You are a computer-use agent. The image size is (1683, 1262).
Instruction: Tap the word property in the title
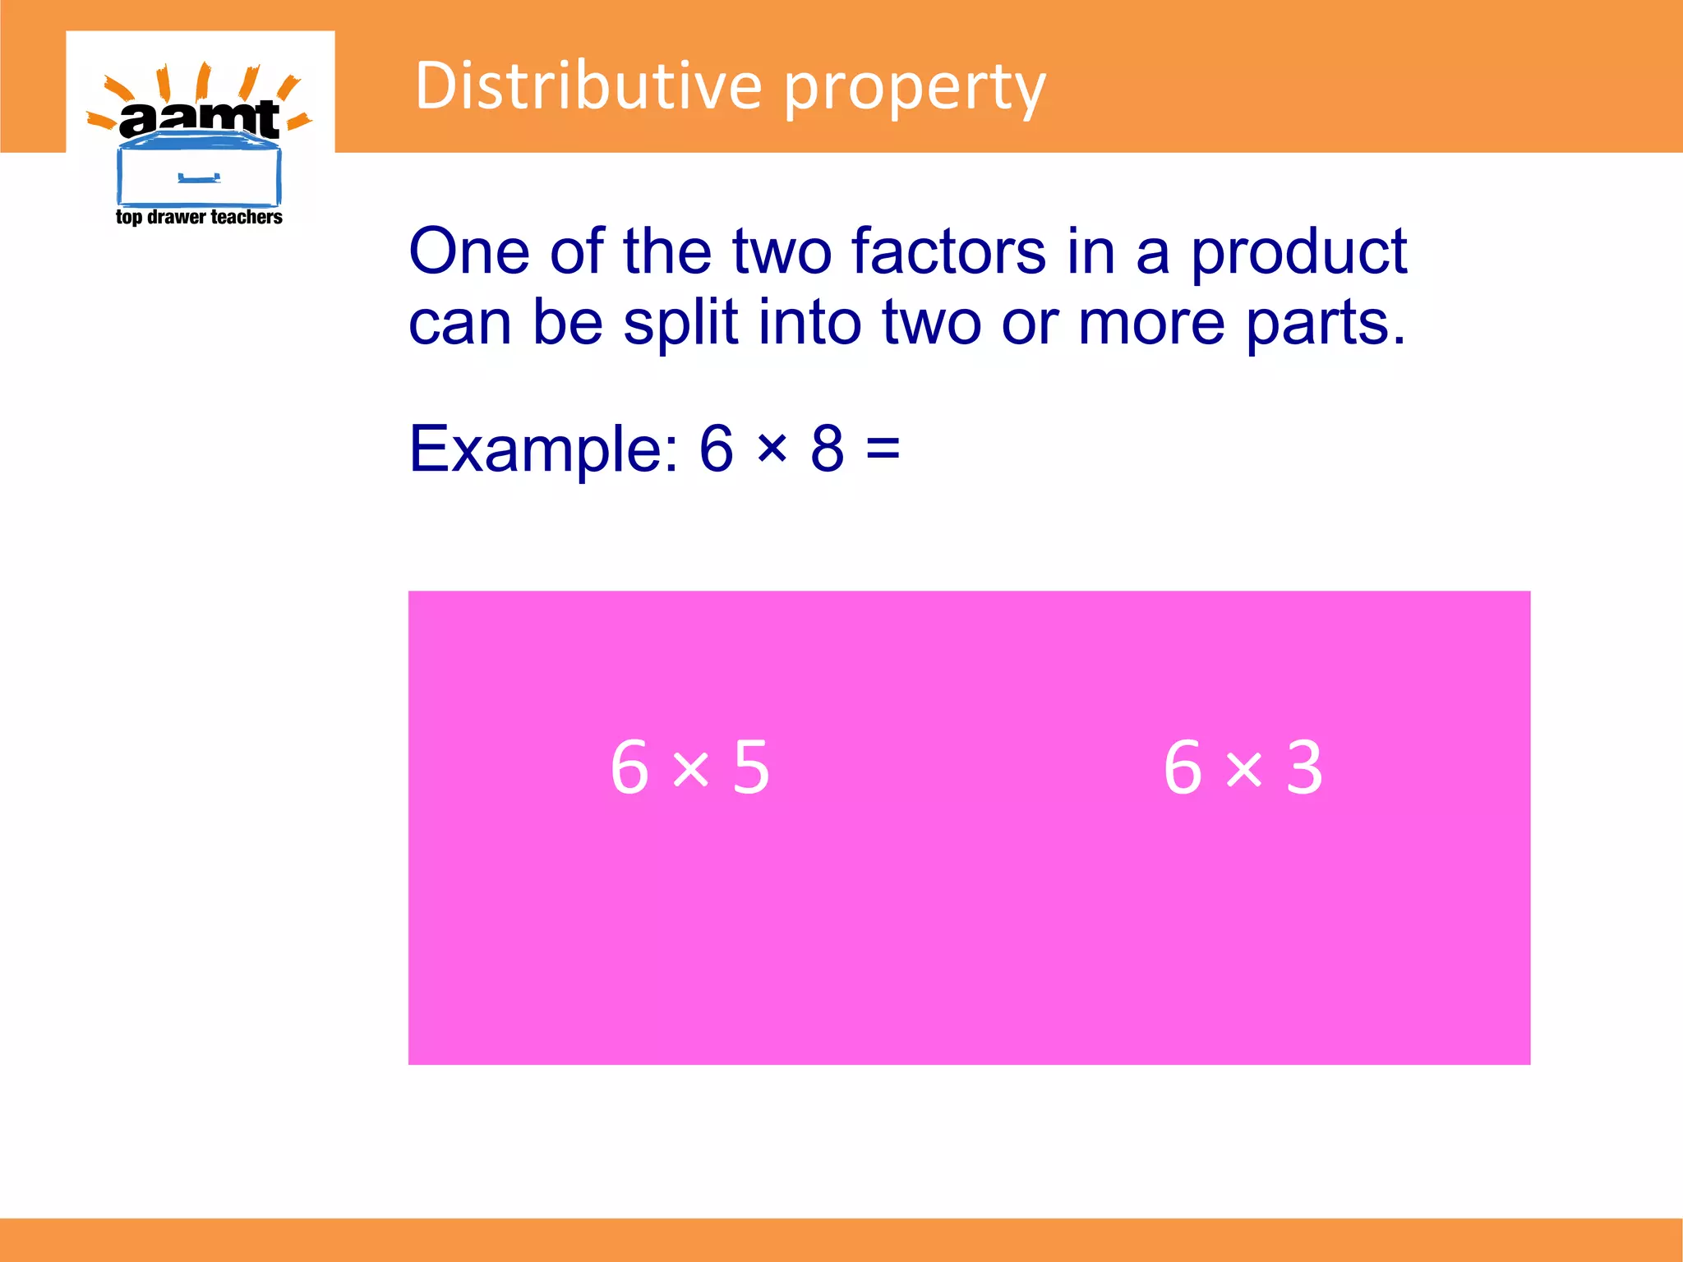(915, 89)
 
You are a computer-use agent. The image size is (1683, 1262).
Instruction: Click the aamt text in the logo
(200, 120)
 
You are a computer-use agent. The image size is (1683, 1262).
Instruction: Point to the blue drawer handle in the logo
(199, 177)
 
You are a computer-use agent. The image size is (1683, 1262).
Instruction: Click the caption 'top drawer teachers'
(199, 217)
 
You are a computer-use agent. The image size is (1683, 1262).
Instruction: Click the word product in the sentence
(1299, 253)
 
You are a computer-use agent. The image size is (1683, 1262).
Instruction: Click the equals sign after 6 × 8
(883, 449)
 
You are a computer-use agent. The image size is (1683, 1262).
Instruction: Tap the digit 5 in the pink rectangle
(751, 767)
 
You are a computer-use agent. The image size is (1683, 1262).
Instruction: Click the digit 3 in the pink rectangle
(1304, 767)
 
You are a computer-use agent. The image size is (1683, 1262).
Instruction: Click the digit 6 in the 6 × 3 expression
(1183, 767)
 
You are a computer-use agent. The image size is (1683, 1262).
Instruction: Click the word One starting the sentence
(469, 251)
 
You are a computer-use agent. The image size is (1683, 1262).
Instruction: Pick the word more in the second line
(1150, 323)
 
